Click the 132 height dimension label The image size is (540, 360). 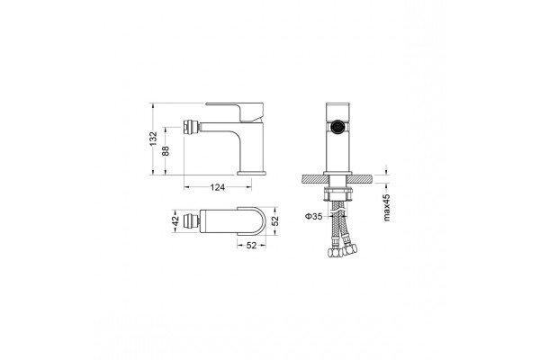tap(154, 139)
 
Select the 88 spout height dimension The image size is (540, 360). tap(166, 150)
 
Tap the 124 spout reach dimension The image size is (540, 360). tap(217, 187)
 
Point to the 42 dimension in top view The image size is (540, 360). tap(175, 220)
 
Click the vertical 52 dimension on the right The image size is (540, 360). tap(274, 220)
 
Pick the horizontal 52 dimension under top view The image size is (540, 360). tap(252, 246)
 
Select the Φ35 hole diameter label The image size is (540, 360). tap(313, 216)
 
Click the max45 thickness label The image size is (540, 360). tap(386, 207)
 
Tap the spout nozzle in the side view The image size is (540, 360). tap(192, 126)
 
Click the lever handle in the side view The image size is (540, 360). tap(241, 111)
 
